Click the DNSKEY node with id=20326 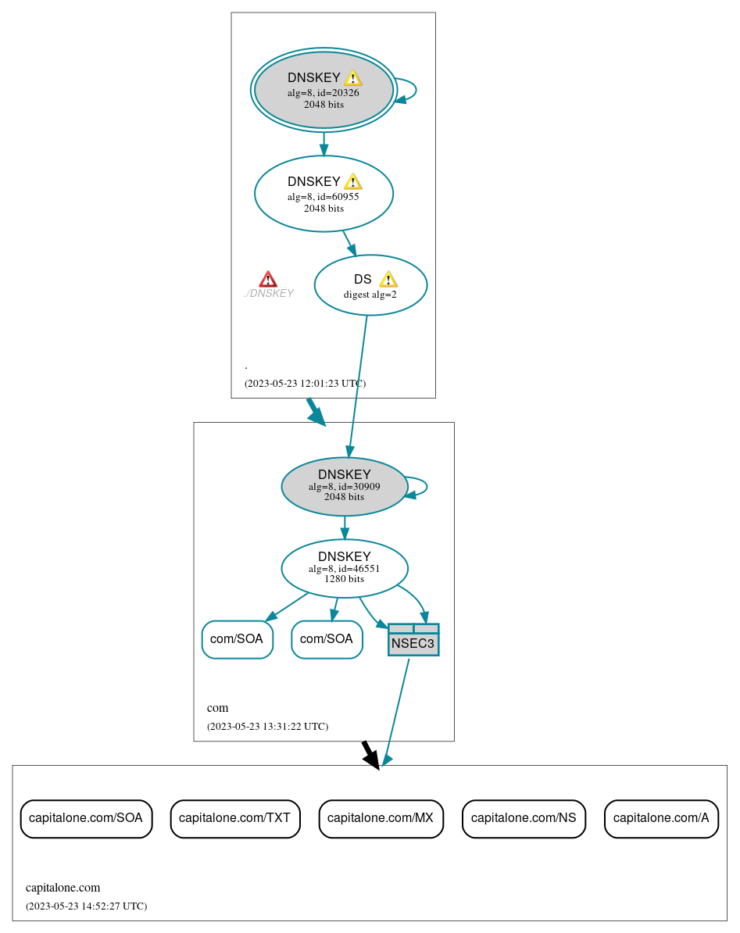tap(324, 90)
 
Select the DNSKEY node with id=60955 tap(324, 194)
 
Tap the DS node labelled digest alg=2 tap(370, 285)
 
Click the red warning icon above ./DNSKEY tap(268, 280)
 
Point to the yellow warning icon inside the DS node tap(388, 280)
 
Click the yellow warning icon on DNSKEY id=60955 tap(353, 182)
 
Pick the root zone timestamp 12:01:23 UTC tap(305, 384)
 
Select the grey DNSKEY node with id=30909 tap(344, 486)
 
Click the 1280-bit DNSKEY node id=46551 tap(344, 568)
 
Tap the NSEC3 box tap(413, 640)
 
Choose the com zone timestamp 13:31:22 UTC tap(267, 727)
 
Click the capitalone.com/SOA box tap(86, 819)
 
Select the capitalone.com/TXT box tap(235, 819)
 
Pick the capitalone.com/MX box tap(381, 819)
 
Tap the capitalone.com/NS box tap(524, 819)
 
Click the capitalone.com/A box tap(661, 819)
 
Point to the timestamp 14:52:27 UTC tap(86, 906)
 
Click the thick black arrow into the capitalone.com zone tap(370, 755)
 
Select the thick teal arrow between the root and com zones tap(316, 412)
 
